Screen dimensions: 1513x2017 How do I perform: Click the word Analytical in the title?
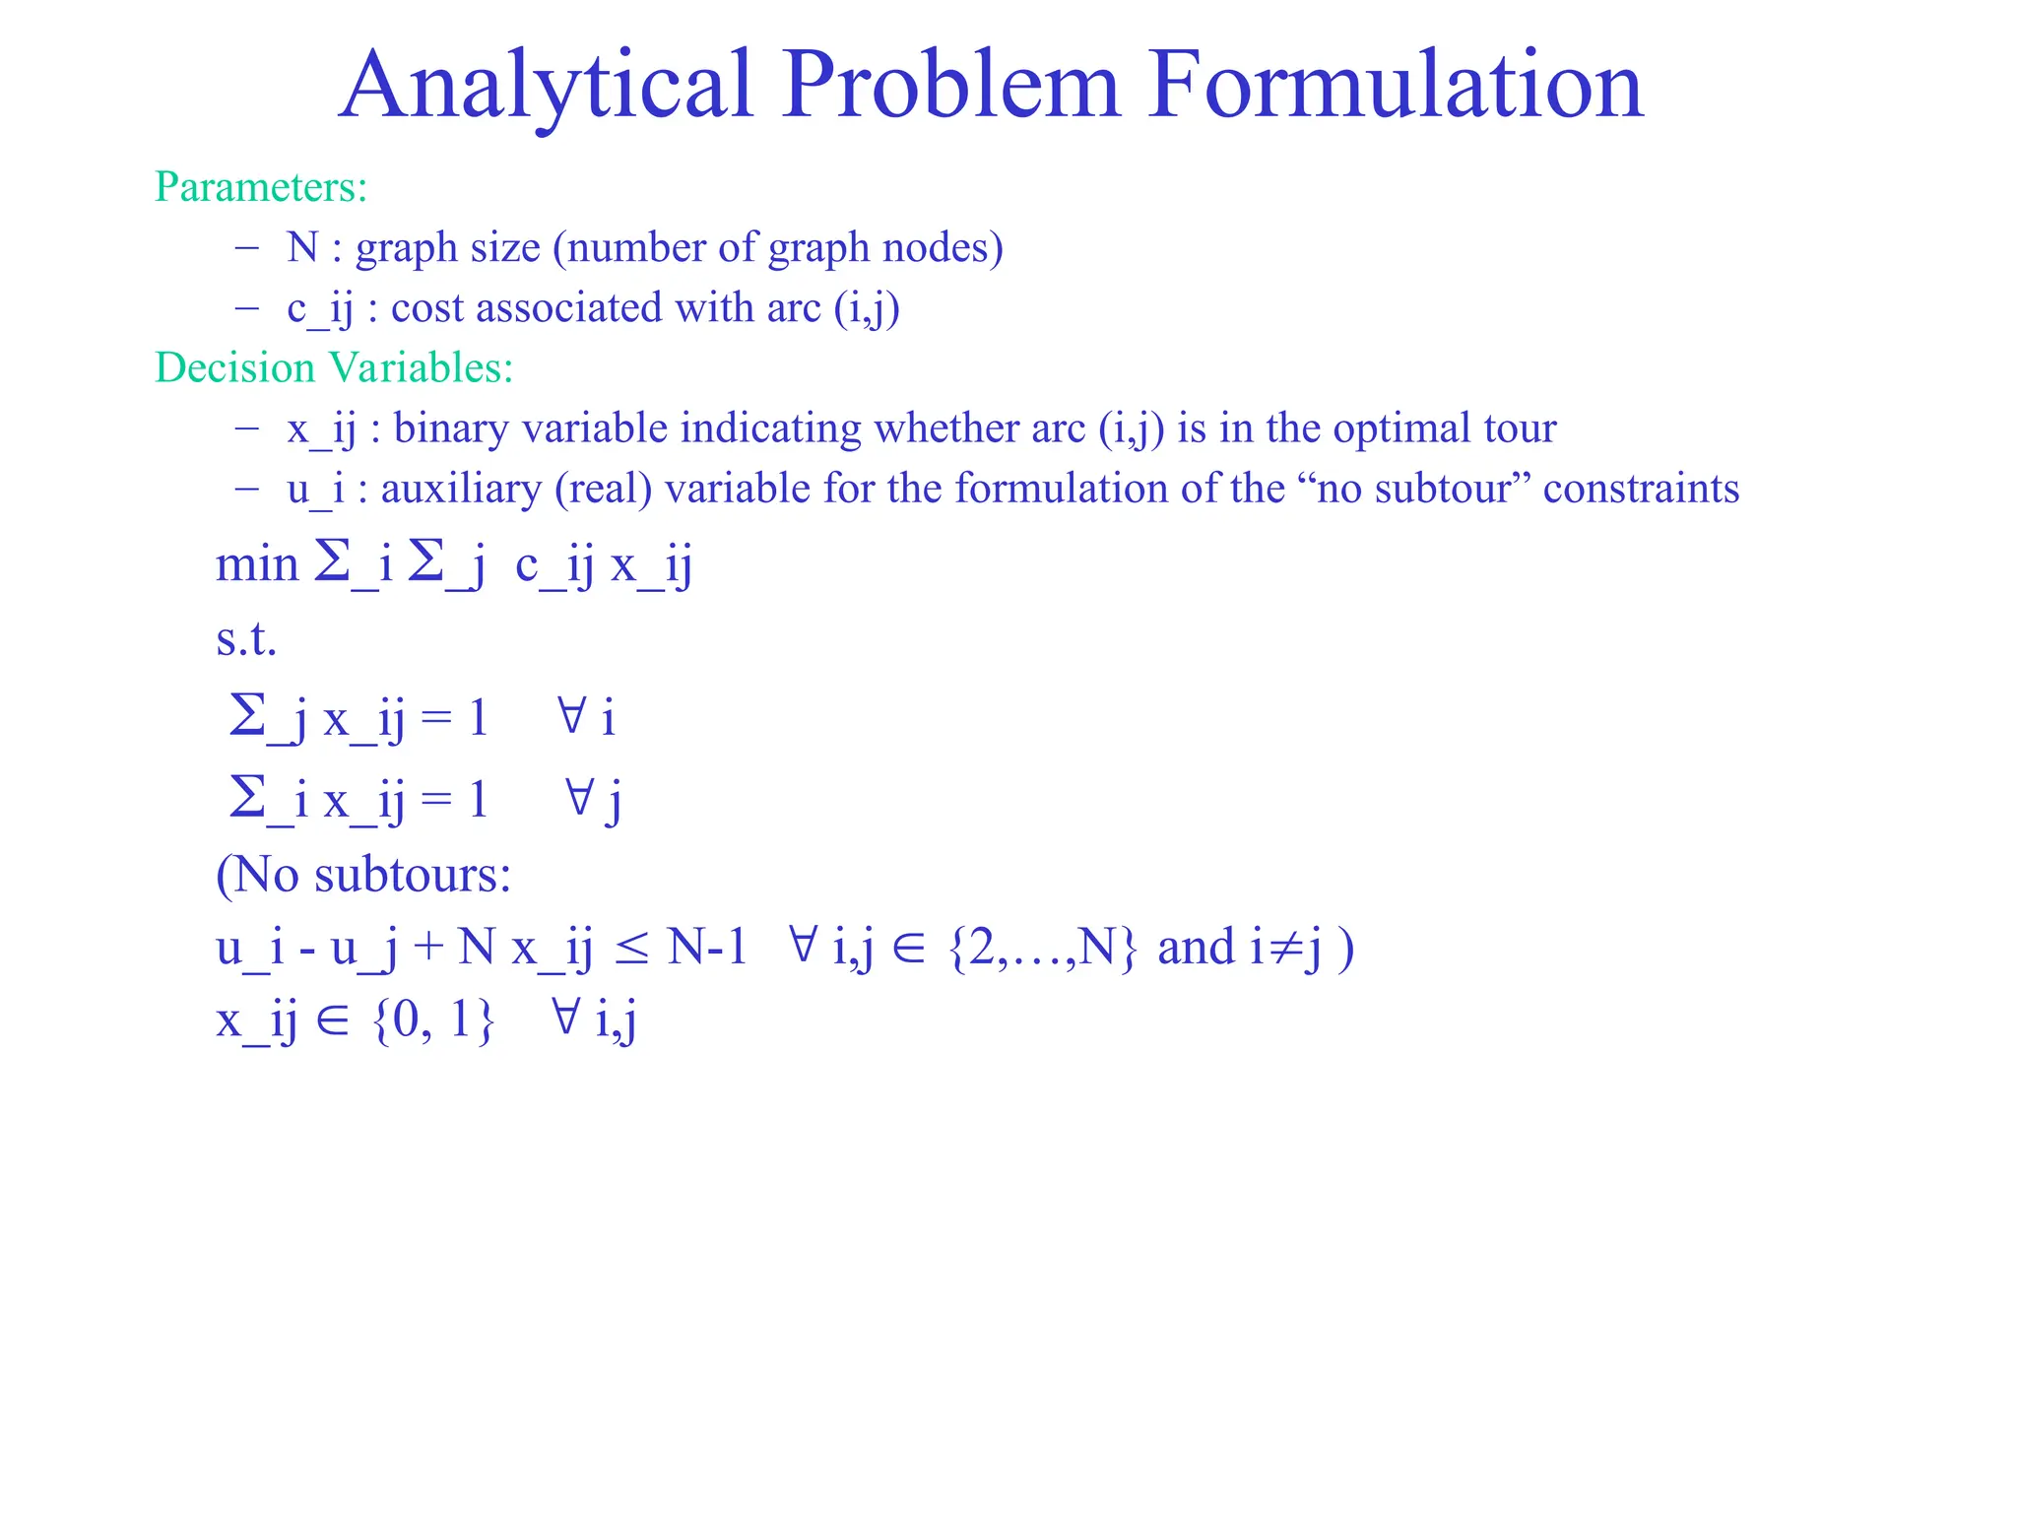[547, 87]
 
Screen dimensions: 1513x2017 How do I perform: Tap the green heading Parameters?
[261, 187]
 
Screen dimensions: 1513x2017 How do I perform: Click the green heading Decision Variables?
[334, 368]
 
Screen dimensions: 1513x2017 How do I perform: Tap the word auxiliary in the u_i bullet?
[460, 490]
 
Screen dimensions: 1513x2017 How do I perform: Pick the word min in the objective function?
[256, 565]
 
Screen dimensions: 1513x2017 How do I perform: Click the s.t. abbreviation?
[246, 640]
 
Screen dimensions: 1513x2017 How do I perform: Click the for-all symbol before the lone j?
[580, 797]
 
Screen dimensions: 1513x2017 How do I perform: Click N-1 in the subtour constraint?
[707, 948]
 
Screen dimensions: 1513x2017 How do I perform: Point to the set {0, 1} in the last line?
[433, 1020]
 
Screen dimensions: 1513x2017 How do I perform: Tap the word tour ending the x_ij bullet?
[1522, 428]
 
